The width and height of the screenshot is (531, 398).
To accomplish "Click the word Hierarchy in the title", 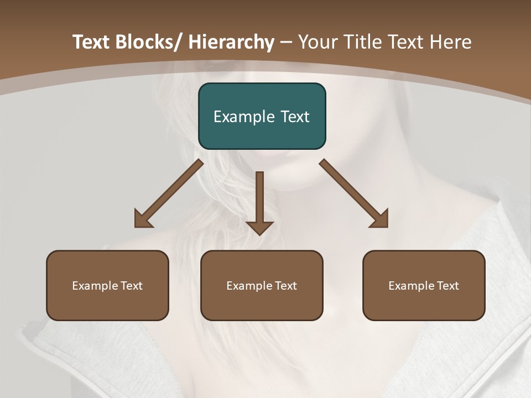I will (231, 42).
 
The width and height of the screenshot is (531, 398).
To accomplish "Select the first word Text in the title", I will (91, 42).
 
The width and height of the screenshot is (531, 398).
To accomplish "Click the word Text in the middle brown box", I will (284, 286).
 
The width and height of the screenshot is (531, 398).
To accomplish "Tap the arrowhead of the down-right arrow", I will (381, 220).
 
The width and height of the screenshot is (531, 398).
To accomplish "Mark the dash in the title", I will (286, 43).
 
